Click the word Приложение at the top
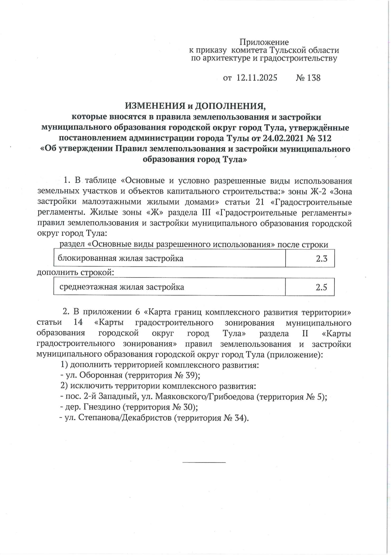(264, 42)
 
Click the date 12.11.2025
(257, 78)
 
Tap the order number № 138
(308, 78)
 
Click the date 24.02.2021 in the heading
(283, 138)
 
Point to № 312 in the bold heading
(319, 138)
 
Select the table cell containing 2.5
(310, 287)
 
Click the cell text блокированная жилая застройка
(121, 259)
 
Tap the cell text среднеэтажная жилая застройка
(122, 287)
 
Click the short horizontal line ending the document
(204, 462)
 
